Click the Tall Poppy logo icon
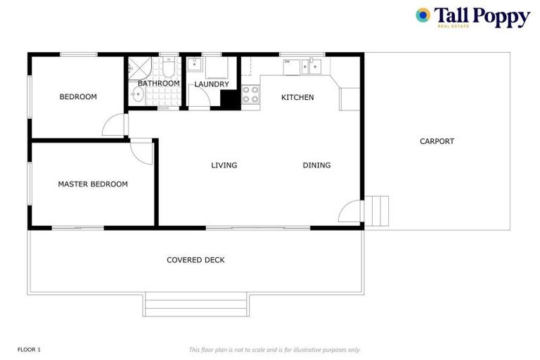pyautogui.click(x=423, y=15)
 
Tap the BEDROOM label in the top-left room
pyautogui.click(x=77, y=97)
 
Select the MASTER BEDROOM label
pyautogui.click(x=93, y=184)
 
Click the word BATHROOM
pyautogui.click(x=158, y=84)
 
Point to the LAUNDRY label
pyautogui.click(x=212, y=84)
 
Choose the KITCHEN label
pyautogui.click(x=297, y=97)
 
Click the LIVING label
pyautogui.click(x=224, y=165)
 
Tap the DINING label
pyautogui.click(x=316, y=165)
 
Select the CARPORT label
pyautogui.click(x=437, y=141)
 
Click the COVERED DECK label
pyautogui.click(x=195, y=260)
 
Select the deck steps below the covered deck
pyautogui.click(x=196, y=304)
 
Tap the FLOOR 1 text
pyautogui.click(x=29, y=349)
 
